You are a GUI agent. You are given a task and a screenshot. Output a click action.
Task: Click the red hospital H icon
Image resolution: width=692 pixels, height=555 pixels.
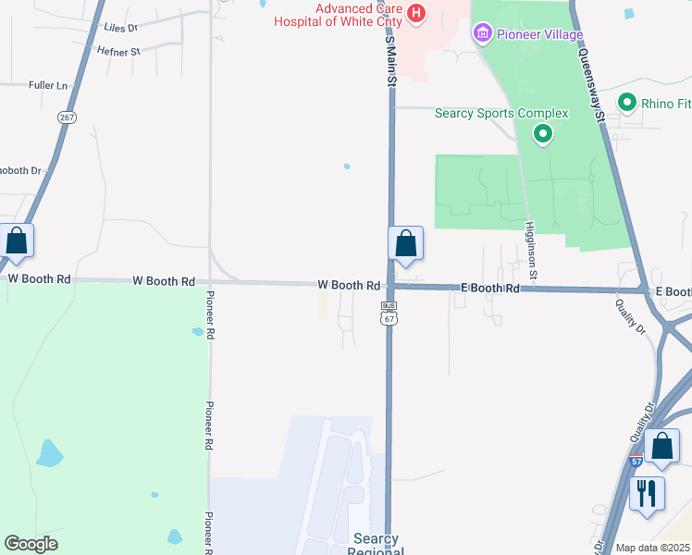coord(416,13)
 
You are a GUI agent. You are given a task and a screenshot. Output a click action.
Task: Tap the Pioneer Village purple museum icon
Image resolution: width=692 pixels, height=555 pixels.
coord(481,35)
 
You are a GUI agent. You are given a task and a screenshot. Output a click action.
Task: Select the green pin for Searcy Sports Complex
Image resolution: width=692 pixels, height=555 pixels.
coord(543,135)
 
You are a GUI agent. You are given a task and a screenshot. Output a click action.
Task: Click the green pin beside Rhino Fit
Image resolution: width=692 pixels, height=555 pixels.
coord(627,103)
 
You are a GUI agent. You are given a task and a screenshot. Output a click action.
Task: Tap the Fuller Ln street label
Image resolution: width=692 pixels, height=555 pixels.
coord(49,86)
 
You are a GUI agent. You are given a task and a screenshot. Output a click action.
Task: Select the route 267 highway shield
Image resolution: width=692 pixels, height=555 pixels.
coord(67,117)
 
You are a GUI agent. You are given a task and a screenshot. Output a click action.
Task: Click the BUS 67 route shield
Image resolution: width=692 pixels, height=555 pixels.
coord(389,313)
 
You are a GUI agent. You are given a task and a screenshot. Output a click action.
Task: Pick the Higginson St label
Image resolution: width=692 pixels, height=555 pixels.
coord(531,250)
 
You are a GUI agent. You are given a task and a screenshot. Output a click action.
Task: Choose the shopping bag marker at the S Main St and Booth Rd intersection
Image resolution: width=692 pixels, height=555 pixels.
coord(405,244)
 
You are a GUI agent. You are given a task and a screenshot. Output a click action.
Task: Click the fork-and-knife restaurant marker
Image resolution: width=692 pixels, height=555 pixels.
coord(647,491)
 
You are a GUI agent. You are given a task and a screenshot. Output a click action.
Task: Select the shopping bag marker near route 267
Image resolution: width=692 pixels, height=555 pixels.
coord(17,241)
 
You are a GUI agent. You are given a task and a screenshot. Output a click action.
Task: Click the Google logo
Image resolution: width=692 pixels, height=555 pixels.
coord(31,544)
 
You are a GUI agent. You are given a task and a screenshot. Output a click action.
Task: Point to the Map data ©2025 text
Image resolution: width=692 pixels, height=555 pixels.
coord(653,548)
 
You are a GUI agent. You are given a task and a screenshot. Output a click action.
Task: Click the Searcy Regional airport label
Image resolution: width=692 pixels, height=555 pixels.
coord(376,545)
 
